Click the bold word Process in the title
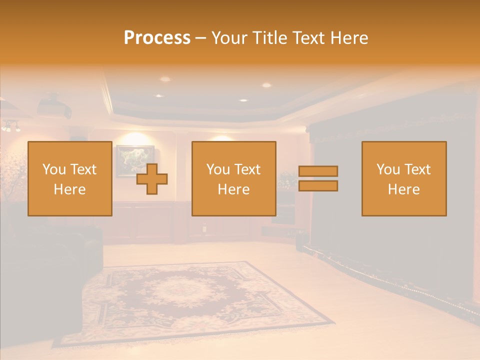(157, 38)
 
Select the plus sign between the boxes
(152, 179)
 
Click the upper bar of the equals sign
(318, 171)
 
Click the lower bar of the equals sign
(318, 186)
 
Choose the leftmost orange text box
(70, 178)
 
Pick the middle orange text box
(233, 178)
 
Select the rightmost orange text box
(404, 178)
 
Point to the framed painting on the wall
(135, 160)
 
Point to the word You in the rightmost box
(388, 169)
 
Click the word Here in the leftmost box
(70, 189)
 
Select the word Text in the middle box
(248, 169)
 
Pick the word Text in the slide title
(307, 38)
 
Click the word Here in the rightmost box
(404, 189)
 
